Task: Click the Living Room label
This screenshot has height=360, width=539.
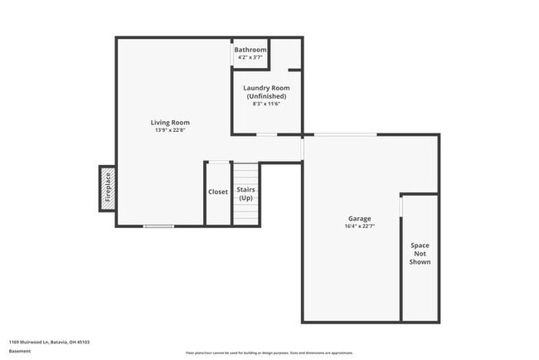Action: (x=170, y=123)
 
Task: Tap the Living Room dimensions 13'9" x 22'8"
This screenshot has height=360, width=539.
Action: (x=170, y=130)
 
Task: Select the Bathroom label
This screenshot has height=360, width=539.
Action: (x=250, y=50)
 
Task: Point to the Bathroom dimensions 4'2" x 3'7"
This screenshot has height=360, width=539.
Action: (x=250, y=57)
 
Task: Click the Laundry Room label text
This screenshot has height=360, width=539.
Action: (x=266, y=88)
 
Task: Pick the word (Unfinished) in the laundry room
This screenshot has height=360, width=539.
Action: (x=266, y=95)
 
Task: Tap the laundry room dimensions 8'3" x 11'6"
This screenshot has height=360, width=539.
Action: (x=266, y=104)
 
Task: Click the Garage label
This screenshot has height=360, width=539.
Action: (x=359, y=219)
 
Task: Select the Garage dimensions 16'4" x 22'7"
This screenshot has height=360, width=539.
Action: (x=359, y=226)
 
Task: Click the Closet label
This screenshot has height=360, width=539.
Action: (x=217, y=192)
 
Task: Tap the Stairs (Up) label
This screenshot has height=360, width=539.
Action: (x=245, y=194)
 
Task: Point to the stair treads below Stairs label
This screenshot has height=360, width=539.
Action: (x=245, y=214)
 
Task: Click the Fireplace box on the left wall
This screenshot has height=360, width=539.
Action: (x=107, y=188)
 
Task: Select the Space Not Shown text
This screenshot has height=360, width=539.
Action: (x=420, y=253)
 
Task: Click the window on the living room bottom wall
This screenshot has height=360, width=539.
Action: (x=158, y=226)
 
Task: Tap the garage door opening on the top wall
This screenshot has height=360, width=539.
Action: (x=345, y=134)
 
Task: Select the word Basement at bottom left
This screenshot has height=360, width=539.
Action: (x=20, y=351)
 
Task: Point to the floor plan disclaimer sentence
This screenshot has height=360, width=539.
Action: (x=269, y=352)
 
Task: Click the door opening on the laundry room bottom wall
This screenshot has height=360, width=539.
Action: (x=266, y=134)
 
